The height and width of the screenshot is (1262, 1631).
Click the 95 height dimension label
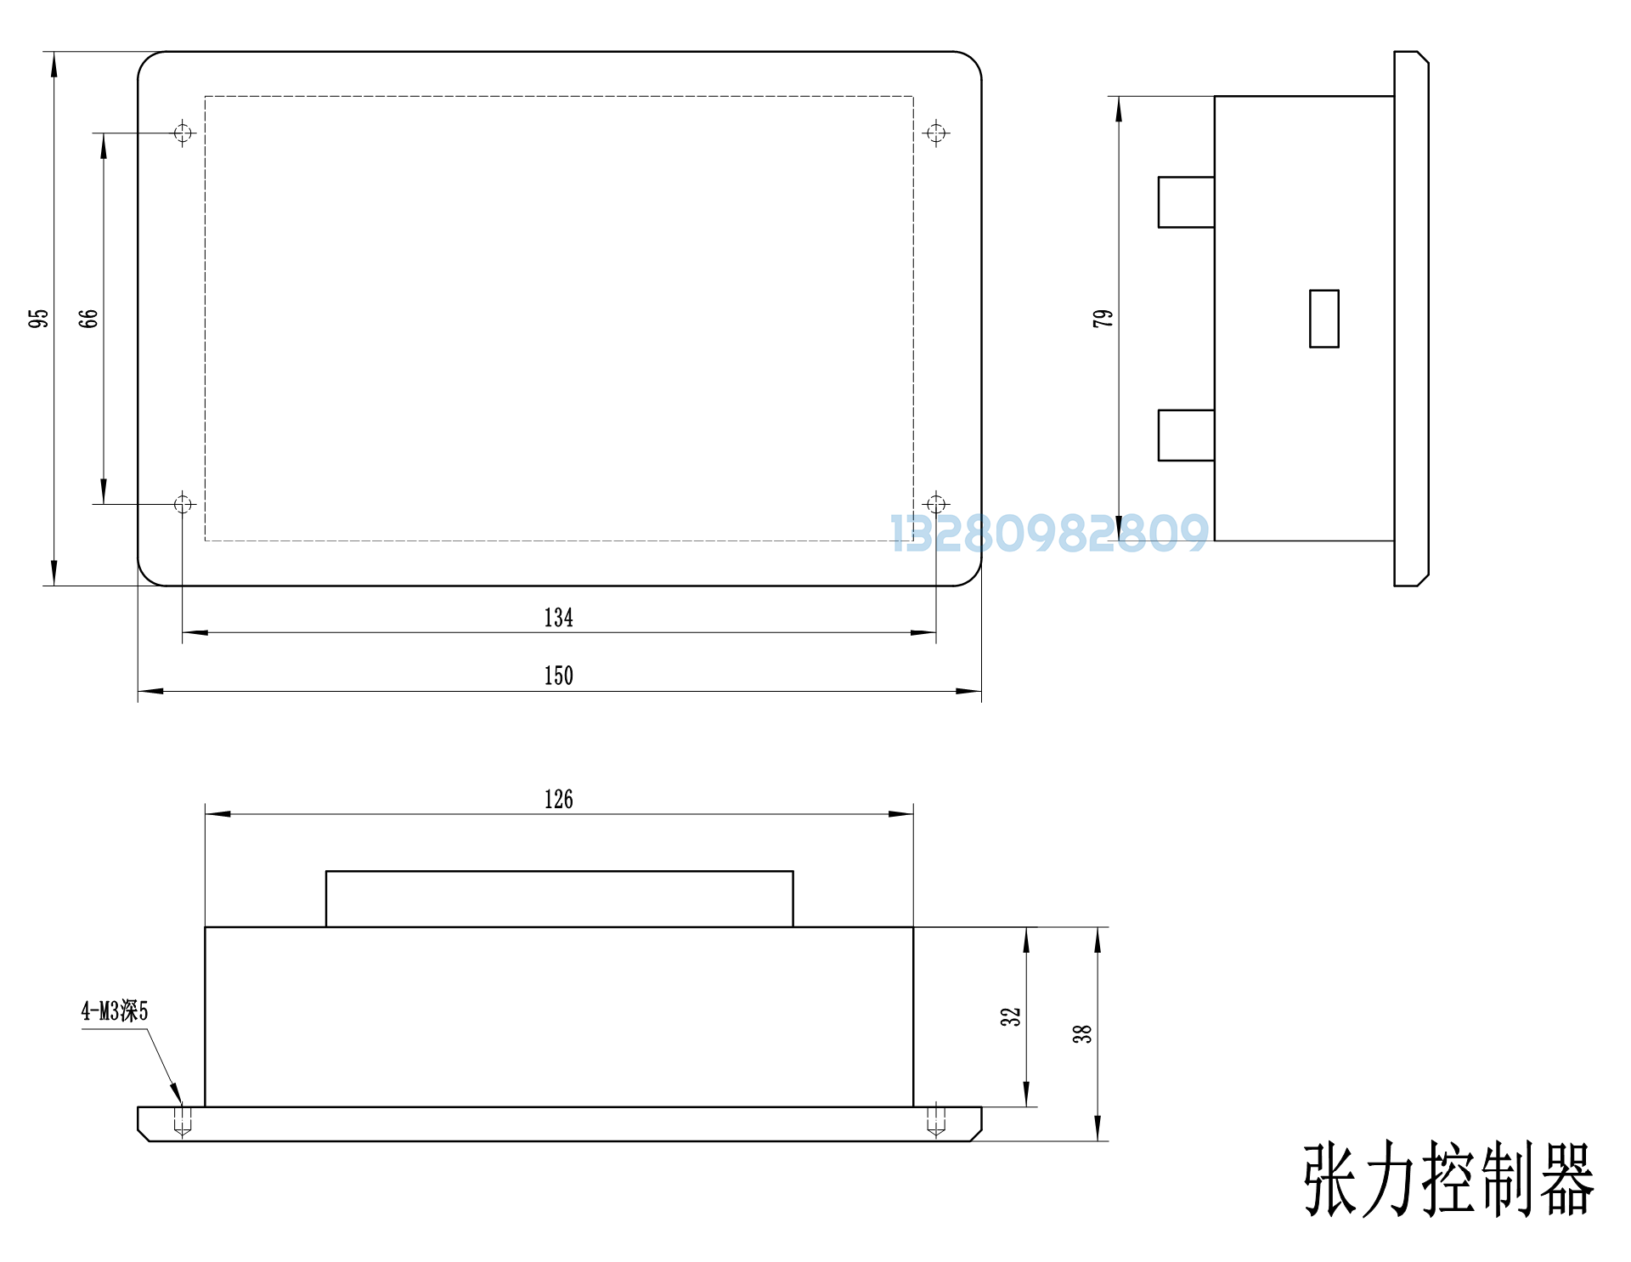(x=38, y=319)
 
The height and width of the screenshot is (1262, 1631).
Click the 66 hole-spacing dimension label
(x=88, y=319)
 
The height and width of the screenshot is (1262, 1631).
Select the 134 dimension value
(x=559, y=618)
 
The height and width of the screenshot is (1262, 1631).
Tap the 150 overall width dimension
(x=559, y=676)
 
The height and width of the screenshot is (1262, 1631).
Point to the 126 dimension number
(x=559, y=800)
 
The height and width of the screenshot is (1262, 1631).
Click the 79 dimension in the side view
(x=1103, y=319)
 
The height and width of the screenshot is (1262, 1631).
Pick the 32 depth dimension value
(x=1010, y=1017)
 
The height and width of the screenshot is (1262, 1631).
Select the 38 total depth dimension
(x=1081, y=1034)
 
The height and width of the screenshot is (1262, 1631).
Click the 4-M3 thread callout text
(x=115, y=1011)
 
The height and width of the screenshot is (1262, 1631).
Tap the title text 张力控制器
(x=1449, y=1180)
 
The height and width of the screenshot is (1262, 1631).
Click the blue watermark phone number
(x=1049, y=534)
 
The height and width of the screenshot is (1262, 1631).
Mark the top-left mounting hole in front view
(x=183, y=133)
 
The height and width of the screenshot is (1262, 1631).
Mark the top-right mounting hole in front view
(x=936, y=133)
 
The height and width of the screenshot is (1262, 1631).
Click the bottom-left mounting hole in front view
(x=183, y=505)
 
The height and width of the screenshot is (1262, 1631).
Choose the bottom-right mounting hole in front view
(x=936, y=505)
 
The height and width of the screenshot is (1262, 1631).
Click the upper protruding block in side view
(x=1187, y=202)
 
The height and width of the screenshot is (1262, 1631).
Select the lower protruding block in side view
(x=1187, y=436)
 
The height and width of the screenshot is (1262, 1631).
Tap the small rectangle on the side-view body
(x=1324, y=319)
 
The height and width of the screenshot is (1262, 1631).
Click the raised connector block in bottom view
(x=560, y=899)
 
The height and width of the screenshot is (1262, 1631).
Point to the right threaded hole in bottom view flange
(x=936, y=1120)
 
